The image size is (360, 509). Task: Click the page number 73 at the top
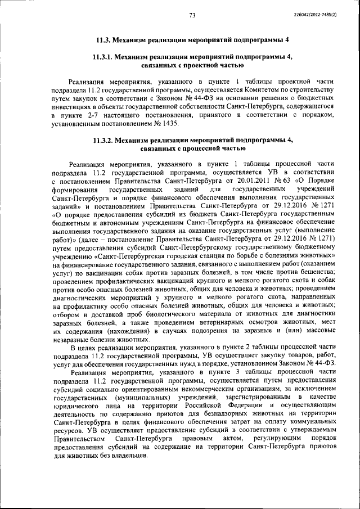click(192, 15)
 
